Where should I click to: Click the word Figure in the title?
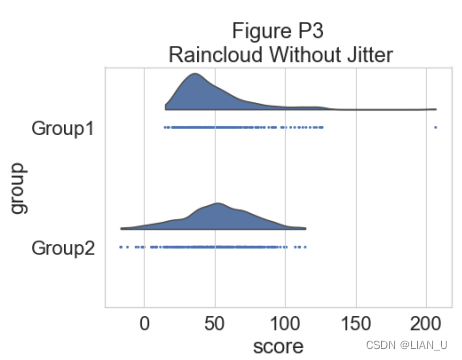(x=261, y=32)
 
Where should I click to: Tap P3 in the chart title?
(x=311, y=31)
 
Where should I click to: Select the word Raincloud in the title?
(x=216, y=54)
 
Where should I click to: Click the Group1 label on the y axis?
(x=63, y=129)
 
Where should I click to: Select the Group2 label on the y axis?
(x=63, y=248)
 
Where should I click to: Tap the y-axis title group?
(x=19, y=188)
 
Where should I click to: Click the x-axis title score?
(x=278, y=346)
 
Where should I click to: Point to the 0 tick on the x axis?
(x=144, y=324)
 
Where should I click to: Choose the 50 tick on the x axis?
(x=215, y=324)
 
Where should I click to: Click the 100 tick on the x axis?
(x=285, y=324)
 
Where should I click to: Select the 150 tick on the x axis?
(x=356, y=324)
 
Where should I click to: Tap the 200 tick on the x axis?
(x=426, y=324)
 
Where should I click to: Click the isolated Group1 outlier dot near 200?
(x=436, y=127)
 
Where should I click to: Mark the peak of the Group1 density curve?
(x=195, y=74)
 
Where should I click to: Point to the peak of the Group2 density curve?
(x=217, y=203)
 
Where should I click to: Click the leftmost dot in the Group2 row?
(x=121, y=247)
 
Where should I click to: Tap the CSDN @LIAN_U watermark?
(x=407, y=345)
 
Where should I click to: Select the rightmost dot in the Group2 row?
(x=305, y=247)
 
